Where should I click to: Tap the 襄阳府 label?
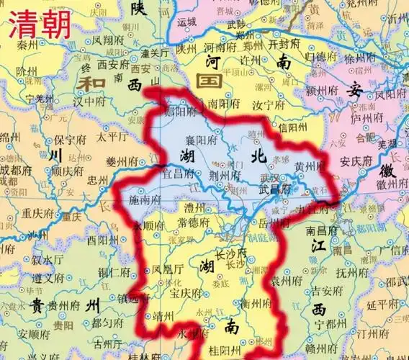(x=204, y=143)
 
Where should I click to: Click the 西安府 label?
(x=112, y=63)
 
